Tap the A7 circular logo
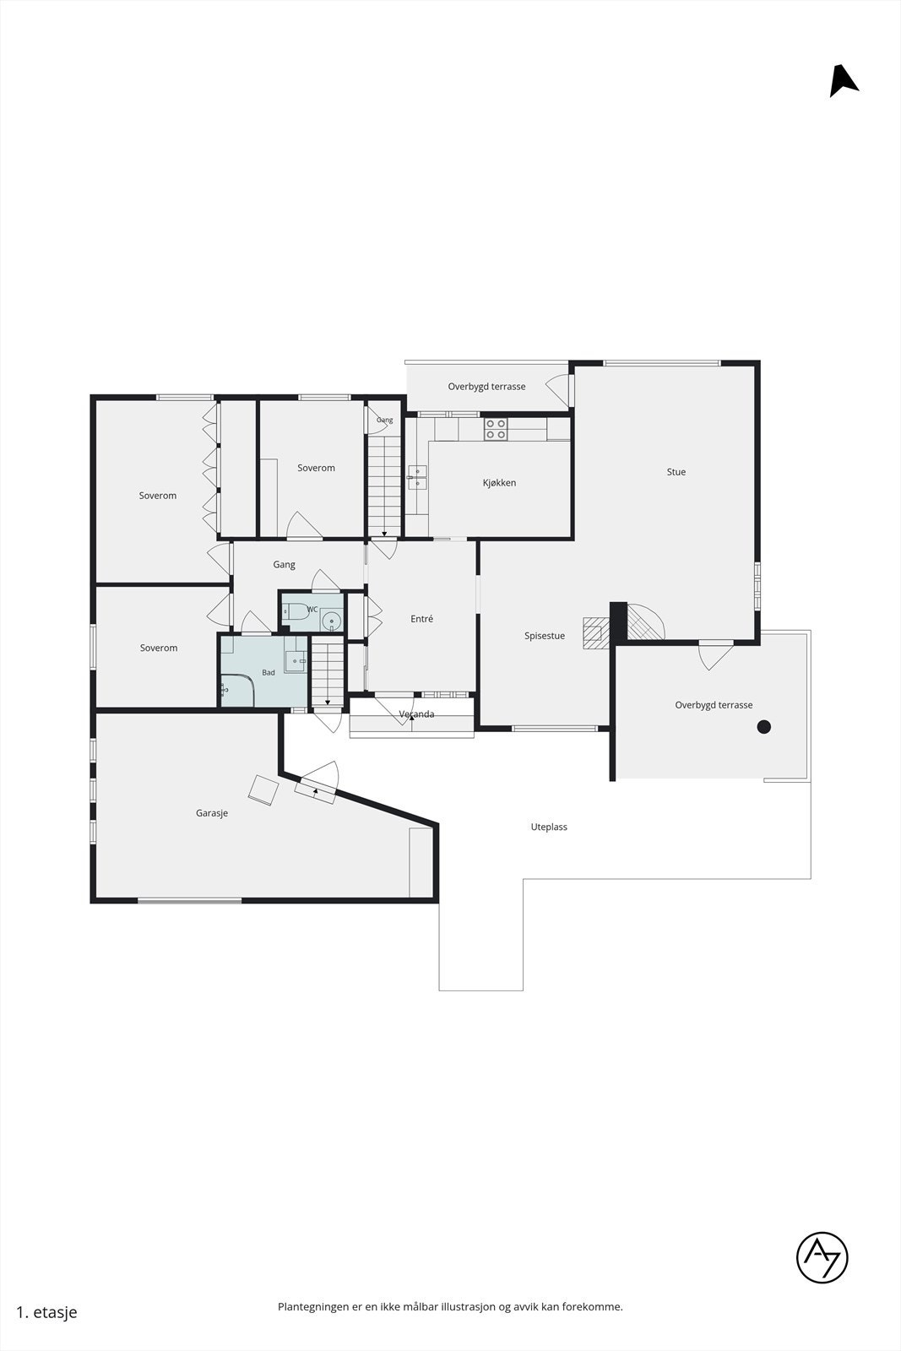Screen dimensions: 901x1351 [x=822, y=1257]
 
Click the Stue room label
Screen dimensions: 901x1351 [x=676, y=472]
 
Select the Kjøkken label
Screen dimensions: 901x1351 [x=499, y=482]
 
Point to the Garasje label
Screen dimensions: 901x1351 [x=212, y=813]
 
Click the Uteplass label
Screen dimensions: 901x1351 [x=549, y=827]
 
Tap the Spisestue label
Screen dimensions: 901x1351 [x=545, y=636]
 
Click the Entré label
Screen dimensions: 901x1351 [x=421, y=619]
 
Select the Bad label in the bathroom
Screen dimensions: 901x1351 [x=269, y=672]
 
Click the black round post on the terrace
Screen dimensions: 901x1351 [x=764, y=727]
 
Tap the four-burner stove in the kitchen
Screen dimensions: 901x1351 [x=496, y=429]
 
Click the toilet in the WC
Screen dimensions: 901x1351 [x=296, y=611]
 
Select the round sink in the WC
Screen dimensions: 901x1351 [x=331, y=621]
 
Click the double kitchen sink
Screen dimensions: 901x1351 [x=417, y=477]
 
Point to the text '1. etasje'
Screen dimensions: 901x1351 [x=46, y=1312]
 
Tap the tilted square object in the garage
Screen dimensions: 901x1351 [x=264, y=790]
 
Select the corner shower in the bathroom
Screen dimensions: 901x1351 [x=237, y=690]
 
